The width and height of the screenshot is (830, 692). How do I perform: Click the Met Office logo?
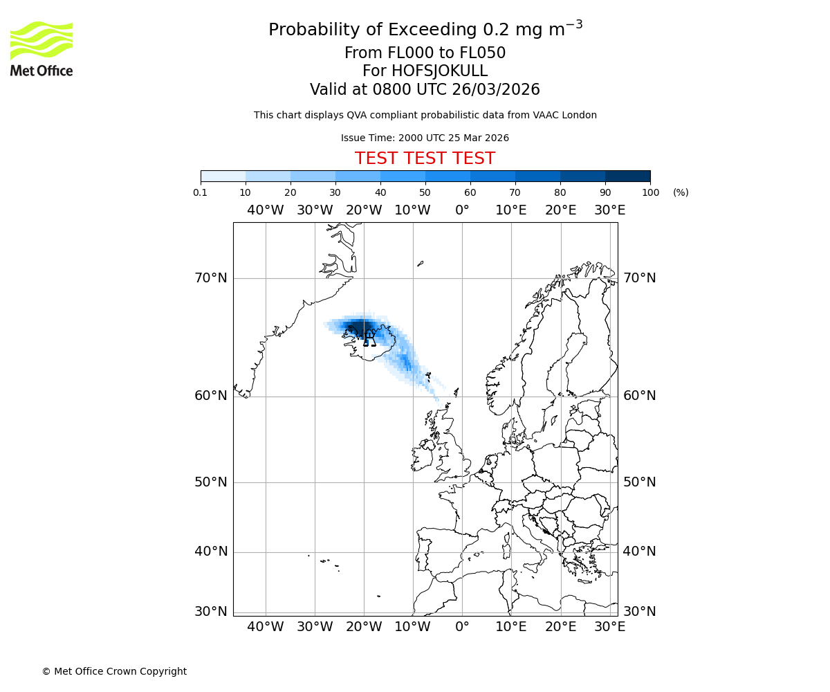[x=41, y=48]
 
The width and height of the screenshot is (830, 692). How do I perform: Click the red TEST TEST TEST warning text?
[x=425, y=158]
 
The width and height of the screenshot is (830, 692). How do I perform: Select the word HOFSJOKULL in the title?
[x=440, y=71]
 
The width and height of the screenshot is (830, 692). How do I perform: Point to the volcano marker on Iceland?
[x=369, y=338]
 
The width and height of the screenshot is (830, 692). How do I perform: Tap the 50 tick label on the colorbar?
[x=425, y=192]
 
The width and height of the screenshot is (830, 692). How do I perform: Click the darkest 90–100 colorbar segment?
[x=627, y=176]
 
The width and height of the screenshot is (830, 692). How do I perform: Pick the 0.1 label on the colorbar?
[x=201, y=192]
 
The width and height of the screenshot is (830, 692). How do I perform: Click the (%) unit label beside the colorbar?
[x=681, y=192]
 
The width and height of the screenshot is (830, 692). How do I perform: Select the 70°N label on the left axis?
[x=211, y=278]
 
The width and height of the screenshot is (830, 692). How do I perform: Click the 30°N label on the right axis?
[x=640, y=612]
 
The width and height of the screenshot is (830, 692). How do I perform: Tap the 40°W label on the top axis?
[x=266, y=210]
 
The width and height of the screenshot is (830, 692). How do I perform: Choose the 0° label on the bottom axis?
[x=462, y=627]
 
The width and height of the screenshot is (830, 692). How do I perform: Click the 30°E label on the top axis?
[x=610, y=210]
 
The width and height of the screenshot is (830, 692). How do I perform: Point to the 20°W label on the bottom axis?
[x=364, y=627]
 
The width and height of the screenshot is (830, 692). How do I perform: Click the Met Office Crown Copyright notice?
[x=114, y=671]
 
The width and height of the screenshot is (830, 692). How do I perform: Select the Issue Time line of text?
[x=425, y=138]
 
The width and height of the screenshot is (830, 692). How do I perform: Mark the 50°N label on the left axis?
[x=211, y=482]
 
